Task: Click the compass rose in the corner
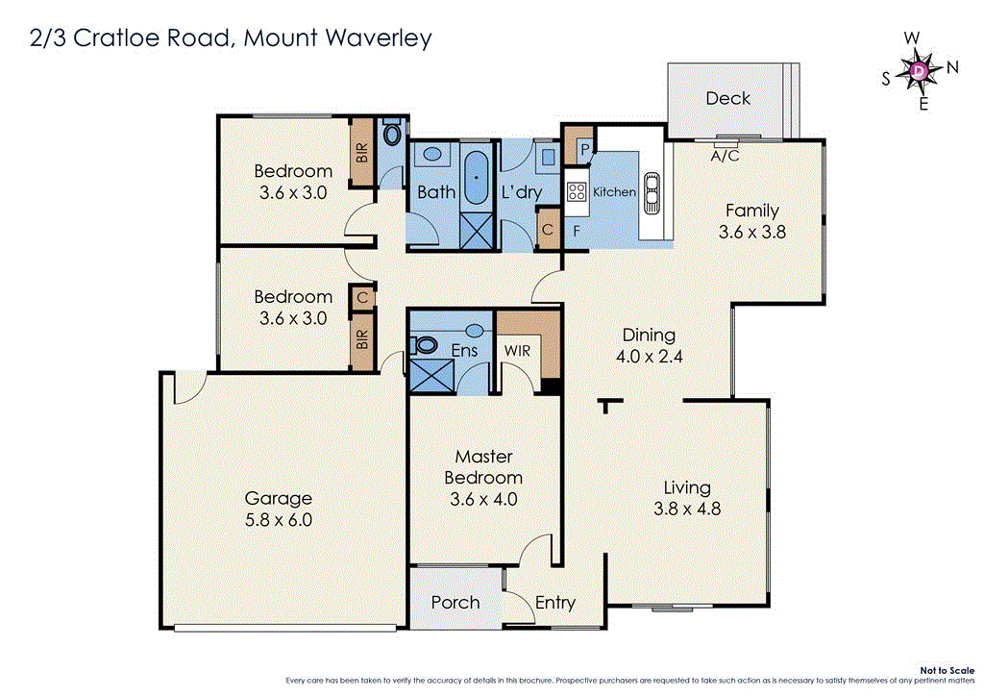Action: click(920, 70)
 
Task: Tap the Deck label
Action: click(727, 98)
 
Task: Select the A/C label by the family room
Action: click(724, 155)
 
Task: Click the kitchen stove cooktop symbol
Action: click(577, 191)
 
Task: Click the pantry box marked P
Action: click(582, 149)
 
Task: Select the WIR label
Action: click(517, 351)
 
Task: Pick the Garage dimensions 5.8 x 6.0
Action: click(279, 520)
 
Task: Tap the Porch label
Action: click(455, 602)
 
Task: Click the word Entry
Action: click(554, 602)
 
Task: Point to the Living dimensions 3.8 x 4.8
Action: click(686, 510)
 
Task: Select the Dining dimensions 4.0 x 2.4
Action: click(649, 357)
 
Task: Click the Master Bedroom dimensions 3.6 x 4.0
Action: click(483, 499)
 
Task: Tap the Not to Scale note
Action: click(946, 670)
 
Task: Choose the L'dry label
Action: click(522, 192)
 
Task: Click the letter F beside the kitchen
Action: click(576, 231)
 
